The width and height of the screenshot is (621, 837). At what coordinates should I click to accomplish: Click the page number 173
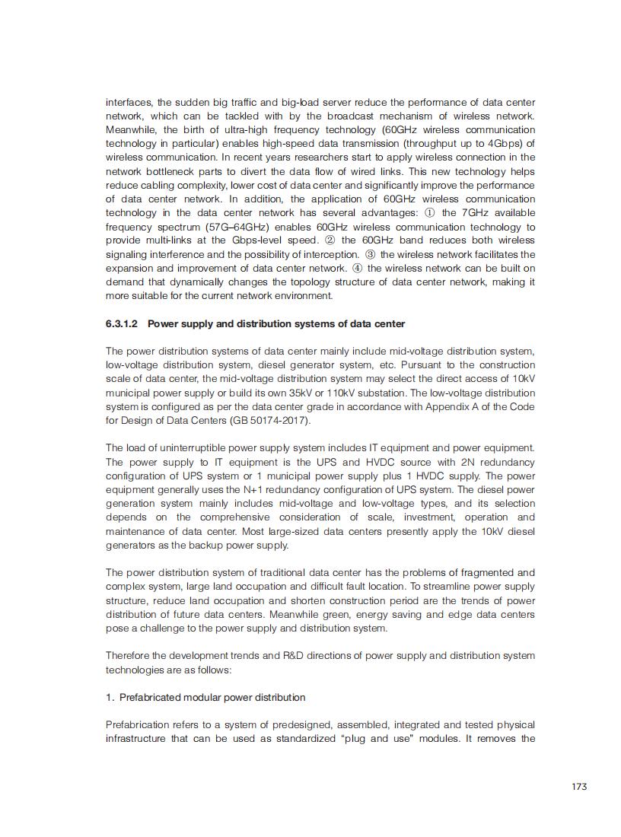[579, 787]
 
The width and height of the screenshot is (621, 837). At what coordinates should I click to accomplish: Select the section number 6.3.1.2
[122, 324]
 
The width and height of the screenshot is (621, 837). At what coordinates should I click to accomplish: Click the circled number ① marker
[429, 213]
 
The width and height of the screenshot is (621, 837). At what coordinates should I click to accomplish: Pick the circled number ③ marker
[371, 254]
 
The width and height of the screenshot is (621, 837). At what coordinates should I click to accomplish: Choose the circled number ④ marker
[357, 269]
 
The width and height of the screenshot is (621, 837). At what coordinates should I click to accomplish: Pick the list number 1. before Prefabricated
[110, 698]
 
